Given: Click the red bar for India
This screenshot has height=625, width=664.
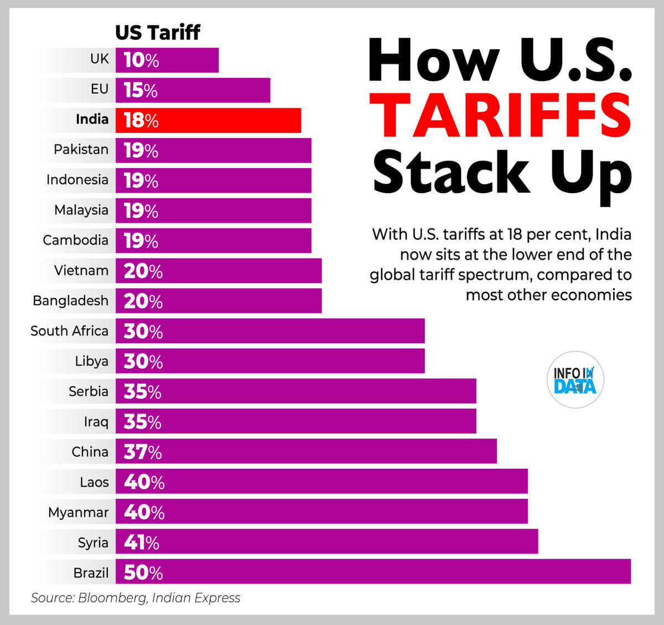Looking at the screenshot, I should click(208, 120).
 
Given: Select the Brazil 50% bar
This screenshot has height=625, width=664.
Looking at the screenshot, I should click(373, 571).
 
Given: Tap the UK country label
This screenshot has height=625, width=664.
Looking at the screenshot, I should click(100, 59).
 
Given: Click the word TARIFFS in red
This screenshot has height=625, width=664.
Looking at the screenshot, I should click(501, 116).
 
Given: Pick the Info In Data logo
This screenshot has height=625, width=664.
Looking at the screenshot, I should click(575, 380).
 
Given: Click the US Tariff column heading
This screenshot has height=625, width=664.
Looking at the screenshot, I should click(157, 32).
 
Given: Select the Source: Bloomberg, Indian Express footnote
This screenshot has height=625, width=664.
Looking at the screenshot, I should click(136, 598).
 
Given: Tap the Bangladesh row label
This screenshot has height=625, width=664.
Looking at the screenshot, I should click(70, 301).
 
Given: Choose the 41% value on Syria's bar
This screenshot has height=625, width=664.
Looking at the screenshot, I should click(142, 542).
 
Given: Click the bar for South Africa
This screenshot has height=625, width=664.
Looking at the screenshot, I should click(270, 330).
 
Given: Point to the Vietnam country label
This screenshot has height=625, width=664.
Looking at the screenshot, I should click(81, 270).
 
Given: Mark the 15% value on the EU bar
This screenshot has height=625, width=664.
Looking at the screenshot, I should click(141, 90).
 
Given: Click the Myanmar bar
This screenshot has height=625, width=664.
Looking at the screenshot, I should click(321, 512).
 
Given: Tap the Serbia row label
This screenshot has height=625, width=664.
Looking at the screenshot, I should click(89, 391).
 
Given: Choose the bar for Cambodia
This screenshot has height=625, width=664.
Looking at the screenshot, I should click(213, 240).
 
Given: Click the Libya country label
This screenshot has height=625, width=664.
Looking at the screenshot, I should click(92, 361).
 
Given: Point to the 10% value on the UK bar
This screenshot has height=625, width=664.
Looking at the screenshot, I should click(141, 60).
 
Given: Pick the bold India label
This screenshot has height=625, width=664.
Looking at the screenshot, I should click(92, 119).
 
